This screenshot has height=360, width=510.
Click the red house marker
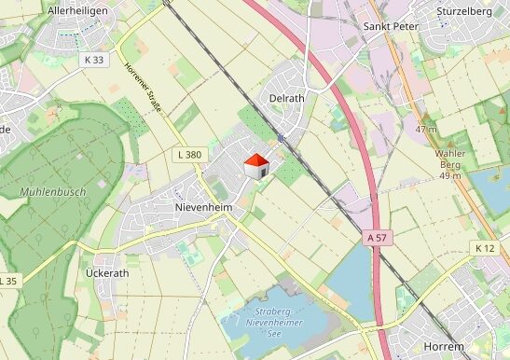point(256,167)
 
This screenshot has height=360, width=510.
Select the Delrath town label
point(286,98)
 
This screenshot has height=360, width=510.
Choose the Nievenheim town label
point(202,206)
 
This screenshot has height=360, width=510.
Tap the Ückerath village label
point(106,273)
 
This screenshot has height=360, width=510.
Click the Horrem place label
point(443,347)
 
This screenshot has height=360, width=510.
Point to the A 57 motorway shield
point(376,239)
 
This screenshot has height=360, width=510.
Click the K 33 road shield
point(94,60)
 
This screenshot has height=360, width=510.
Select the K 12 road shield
point(485,248)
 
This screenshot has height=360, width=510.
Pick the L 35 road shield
point(7,281)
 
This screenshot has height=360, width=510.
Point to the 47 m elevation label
point(426,130)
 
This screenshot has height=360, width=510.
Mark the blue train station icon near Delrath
point(280,139)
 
